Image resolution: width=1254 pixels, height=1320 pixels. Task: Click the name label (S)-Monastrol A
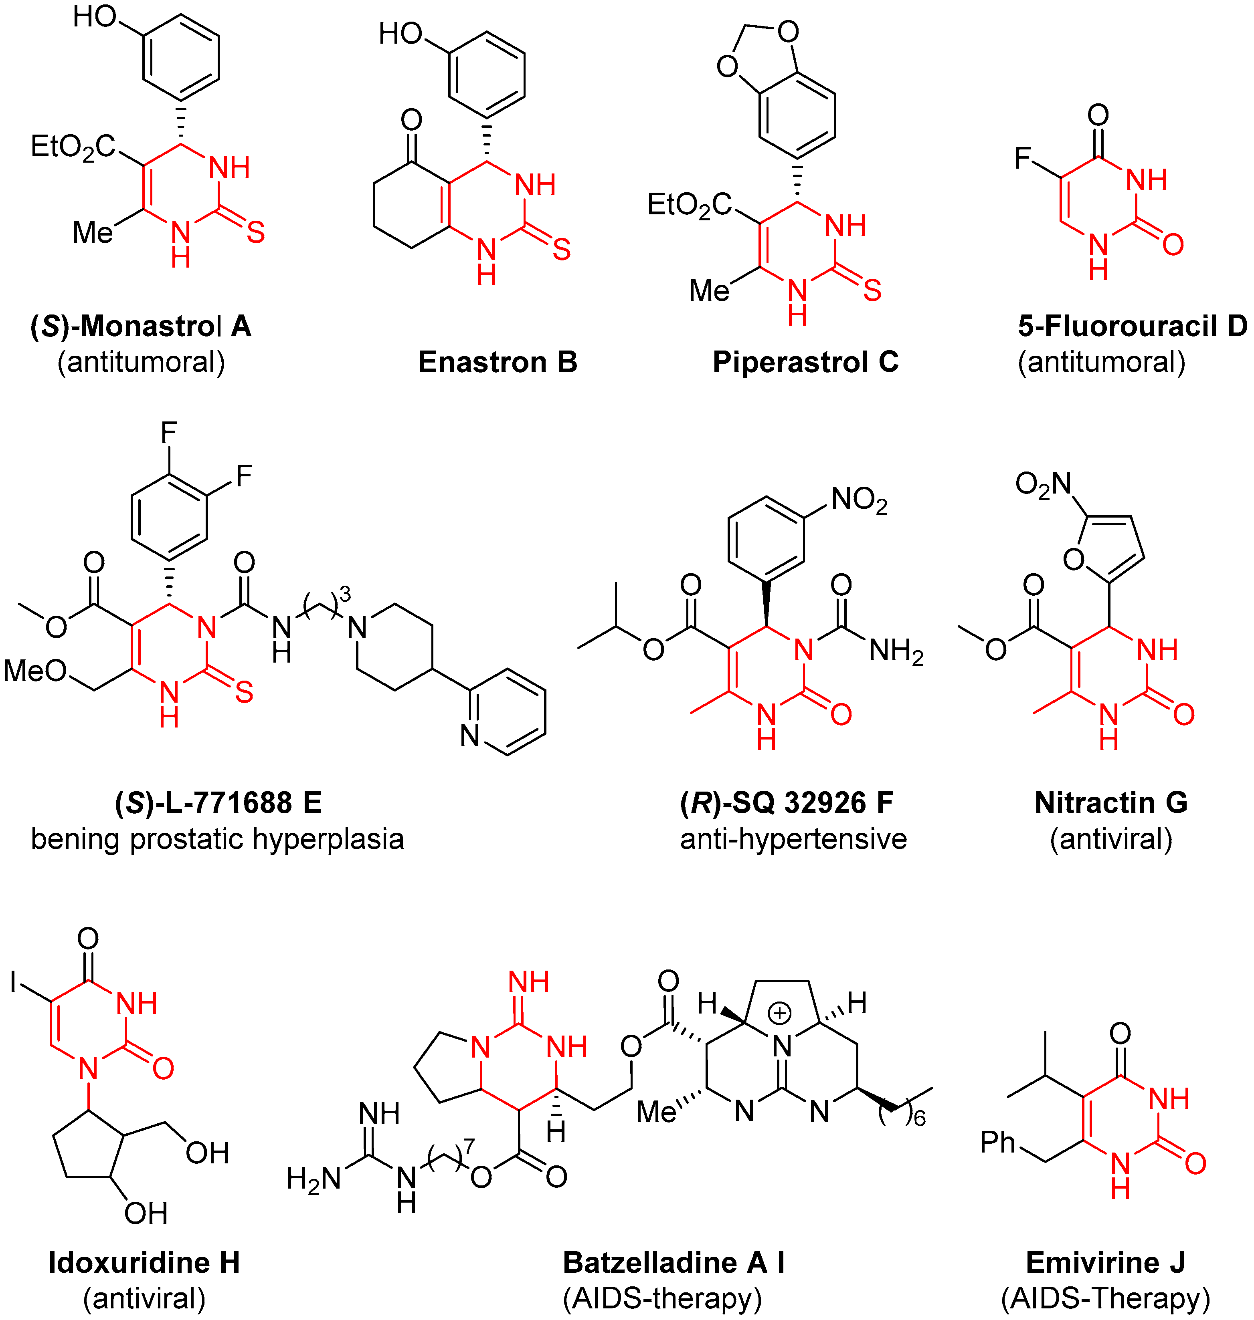(140, 326)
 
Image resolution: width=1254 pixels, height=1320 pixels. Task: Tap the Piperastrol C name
(805, 362)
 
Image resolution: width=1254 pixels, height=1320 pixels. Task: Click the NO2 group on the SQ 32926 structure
(859, 500)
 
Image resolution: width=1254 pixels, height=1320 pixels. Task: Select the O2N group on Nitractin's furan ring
(1043, 484)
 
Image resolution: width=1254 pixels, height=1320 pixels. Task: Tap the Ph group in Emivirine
(997, 1142)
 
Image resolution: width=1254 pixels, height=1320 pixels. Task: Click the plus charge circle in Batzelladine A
(779, 1014)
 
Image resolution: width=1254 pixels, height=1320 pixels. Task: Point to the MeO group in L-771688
(35, 671)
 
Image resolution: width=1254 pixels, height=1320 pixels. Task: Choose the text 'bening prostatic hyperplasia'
(217, 839)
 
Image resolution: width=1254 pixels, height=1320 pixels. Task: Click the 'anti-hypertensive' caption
(793, 839)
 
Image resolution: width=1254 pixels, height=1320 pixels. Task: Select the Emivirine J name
(1105, 1263)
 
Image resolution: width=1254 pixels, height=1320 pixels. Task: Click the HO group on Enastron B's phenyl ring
(400, 33)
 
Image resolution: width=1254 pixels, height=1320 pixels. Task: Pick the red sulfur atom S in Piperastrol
(872, 290)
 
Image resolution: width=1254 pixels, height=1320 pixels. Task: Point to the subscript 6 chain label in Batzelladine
(920, 1118)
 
